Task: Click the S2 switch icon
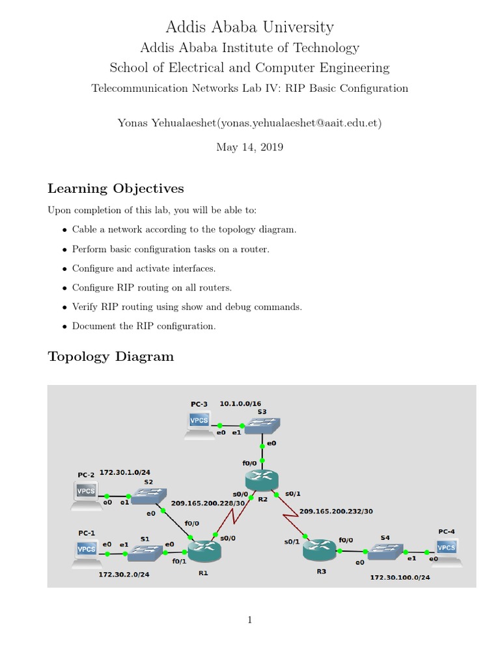149,498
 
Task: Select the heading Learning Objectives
116,189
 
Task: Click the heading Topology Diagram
111,356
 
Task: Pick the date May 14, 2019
250,147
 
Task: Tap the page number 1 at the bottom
250,620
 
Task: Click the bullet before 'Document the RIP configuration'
64,326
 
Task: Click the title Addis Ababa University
250,27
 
